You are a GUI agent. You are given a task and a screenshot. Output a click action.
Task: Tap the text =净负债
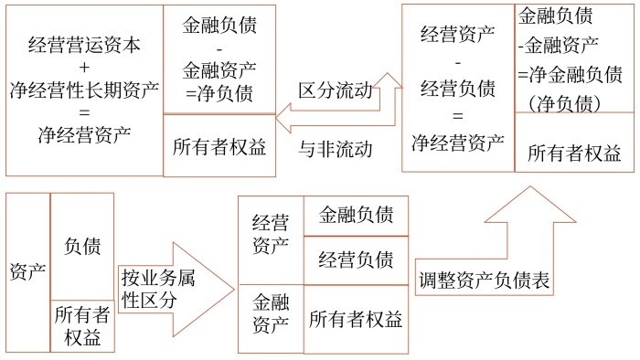pyautogui.click(x=219, y=91)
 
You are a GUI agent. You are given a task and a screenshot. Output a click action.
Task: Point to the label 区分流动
pyautogui.click(x=336, y=91)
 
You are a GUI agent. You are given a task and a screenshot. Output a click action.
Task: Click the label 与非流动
pyautogui.click(x=336, y=148)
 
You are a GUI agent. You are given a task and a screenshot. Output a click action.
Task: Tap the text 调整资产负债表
pyautogui.click(x=484, y=281)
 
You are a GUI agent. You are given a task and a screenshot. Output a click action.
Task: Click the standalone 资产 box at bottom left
pyautogui.click(x=27, y=272)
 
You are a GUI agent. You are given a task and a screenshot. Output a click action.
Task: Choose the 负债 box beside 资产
pyautogui.click(x=82, y=246)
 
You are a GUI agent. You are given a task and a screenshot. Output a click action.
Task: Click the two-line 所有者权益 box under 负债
pyautogui.click(x=82, y=326)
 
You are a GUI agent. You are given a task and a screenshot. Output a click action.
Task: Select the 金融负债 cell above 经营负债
pyautogui.click(x=356, y=216)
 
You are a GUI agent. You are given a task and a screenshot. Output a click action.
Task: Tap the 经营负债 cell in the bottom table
pyautogui.click(x=356, y=259)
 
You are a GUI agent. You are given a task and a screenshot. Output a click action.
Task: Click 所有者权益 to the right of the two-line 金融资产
pyautogui.click(x=356, y=319)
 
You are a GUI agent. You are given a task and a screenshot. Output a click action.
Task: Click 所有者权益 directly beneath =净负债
pyautogui.click(x=219, y=145)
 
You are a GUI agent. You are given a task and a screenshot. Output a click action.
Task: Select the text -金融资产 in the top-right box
pyautogui.click(x=558, y=44)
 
